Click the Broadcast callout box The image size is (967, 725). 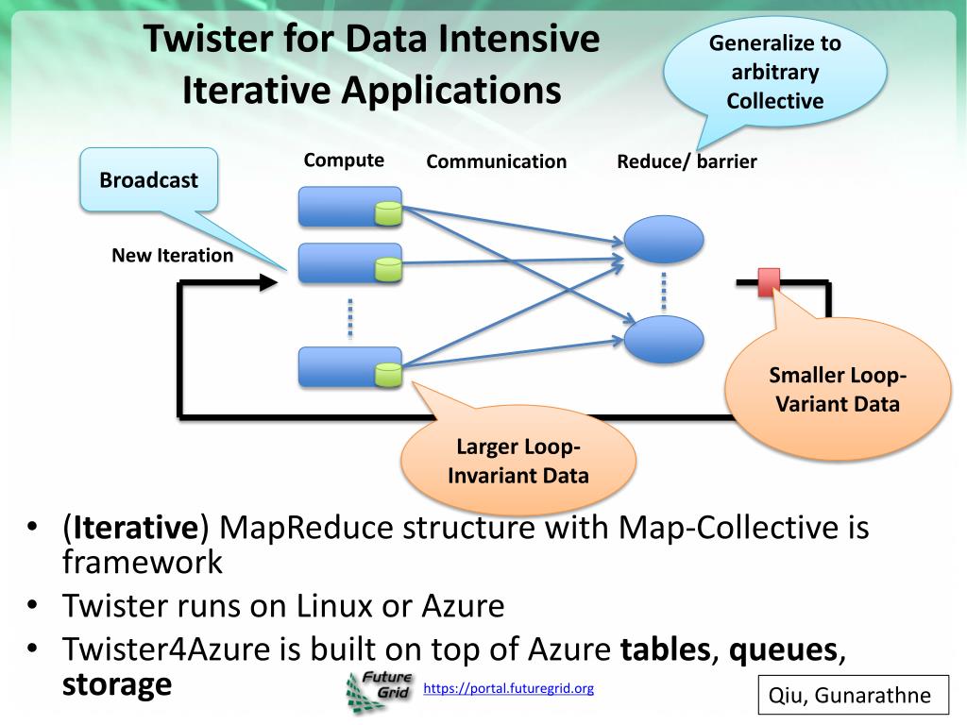pos(148,180)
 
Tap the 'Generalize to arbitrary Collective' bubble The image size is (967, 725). pos(774,72)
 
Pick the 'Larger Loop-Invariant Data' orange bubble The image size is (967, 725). pos(518,461)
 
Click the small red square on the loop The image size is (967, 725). pos(769,281)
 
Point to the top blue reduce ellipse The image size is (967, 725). pos(664,239)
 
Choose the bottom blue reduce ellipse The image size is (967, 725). pos(664,339)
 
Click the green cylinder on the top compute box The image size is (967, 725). pos(388,214)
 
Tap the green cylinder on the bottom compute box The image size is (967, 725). pos(388,374)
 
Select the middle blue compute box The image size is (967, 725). pos(350,263)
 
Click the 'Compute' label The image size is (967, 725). pos(344,160)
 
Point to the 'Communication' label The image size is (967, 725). pos(497,161)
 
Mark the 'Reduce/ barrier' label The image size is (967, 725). pos(687,161)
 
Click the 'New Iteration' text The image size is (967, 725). pos(173,255)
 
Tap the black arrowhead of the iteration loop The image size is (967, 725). pos(269,282)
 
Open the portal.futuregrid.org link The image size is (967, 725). pos(509,688)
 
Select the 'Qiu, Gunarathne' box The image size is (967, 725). pos(853,695)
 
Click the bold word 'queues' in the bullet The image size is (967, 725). pos(783,649)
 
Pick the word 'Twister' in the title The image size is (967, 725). pos(208,38)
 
